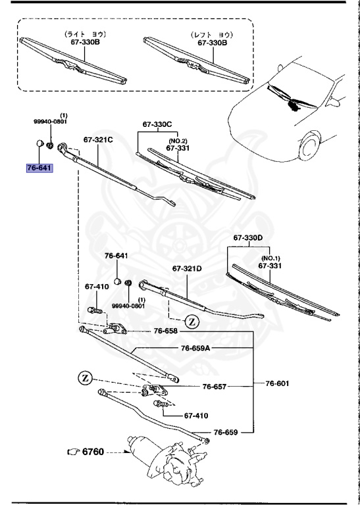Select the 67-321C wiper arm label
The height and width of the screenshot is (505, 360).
tap(98, 140)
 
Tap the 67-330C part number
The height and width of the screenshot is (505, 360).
tap(157, 124)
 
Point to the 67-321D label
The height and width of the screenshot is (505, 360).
tap(187, 268)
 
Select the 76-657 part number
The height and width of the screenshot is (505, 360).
tap(215, 387)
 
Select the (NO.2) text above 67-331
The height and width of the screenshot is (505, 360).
tap(177, 141)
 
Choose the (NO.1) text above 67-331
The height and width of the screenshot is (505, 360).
tap(269, 258)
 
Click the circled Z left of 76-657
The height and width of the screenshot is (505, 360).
tap(86, 379)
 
